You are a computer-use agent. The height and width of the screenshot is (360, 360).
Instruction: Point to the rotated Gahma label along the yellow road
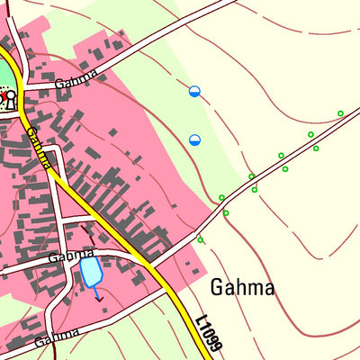(x=38, y=147)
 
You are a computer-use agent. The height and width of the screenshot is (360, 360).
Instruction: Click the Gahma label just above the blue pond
(x=71, y=256)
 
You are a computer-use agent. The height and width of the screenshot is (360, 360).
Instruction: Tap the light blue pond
(x=91, y=272)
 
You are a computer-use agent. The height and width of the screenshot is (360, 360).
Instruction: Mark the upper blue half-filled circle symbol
(x=194, y=91)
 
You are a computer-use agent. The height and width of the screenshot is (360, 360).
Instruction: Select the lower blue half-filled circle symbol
(x=194, y=139)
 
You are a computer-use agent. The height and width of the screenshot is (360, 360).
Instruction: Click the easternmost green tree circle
(x=340, y=113)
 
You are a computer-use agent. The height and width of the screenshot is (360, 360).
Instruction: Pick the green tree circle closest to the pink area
(x=200, y=239)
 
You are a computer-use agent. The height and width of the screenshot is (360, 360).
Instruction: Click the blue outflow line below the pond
(x=97, y=293)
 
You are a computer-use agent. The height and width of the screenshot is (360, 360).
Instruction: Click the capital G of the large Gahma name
(x=217, y=287)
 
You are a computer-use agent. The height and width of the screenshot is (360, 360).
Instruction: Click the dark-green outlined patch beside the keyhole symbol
(x=5, y=72)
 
